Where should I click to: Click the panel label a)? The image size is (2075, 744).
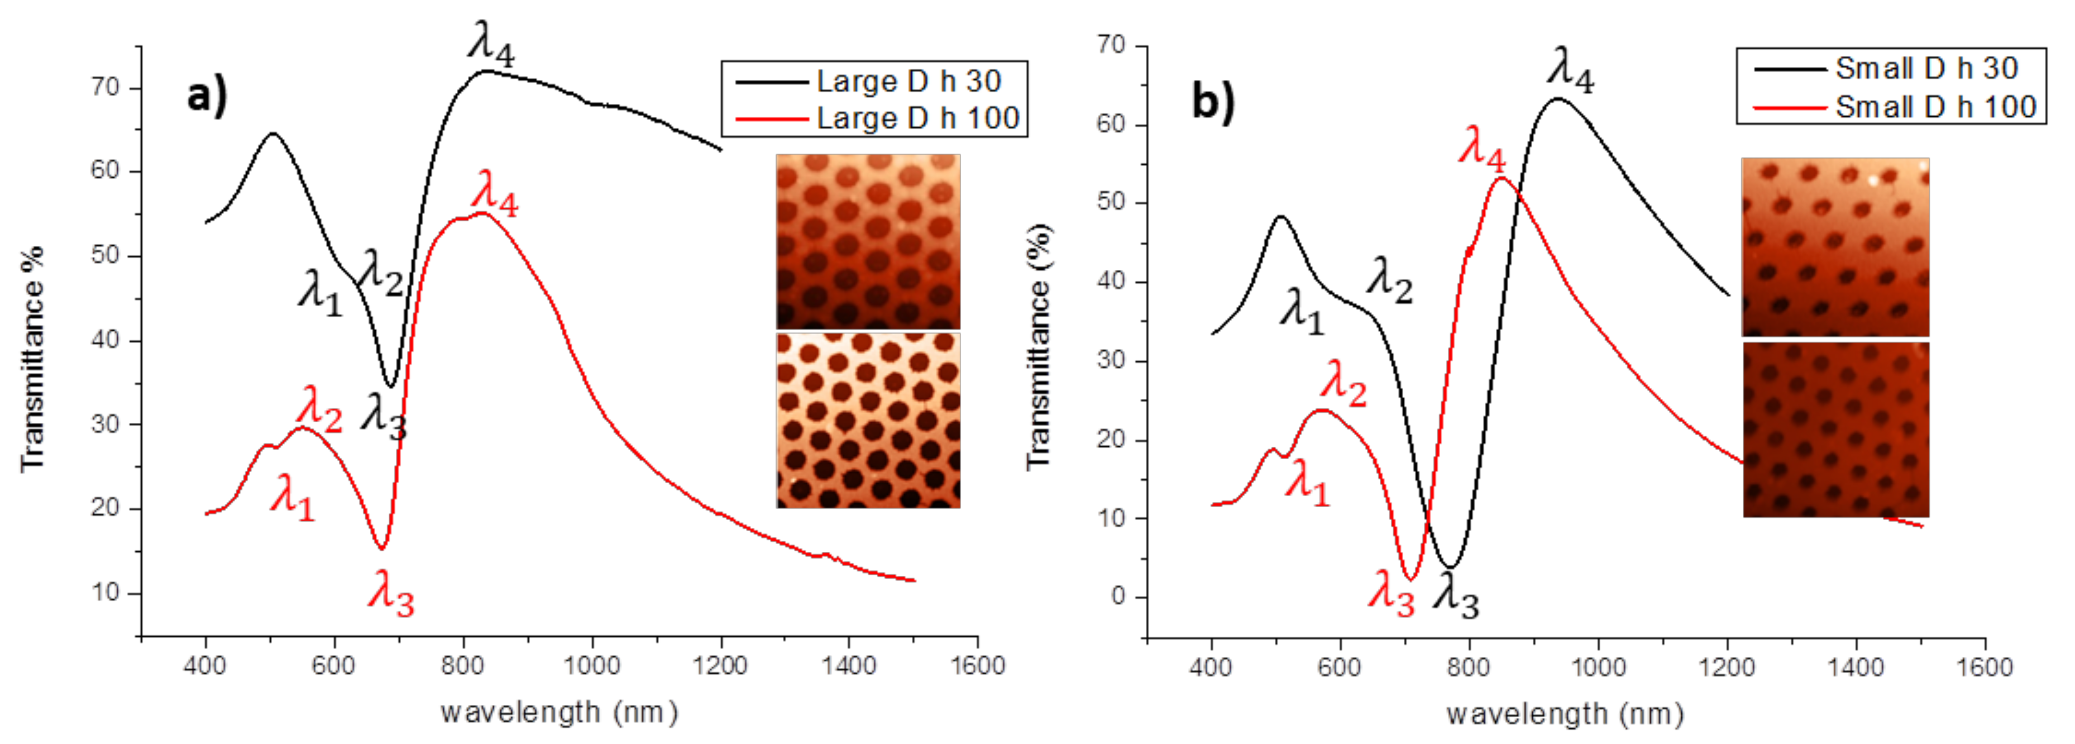207,96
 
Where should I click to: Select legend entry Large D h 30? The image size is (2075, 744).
908,82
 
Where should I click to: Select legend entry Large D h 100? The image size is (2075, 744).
917,118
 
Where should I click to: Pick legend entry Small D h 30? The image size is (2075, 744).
1926,69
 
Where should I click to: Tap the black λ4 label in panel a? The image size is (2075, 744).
491,44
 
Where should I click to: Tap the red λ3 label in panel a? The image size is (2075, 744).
391,594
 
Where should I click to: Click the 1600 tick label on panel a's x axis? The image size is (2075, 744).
977,666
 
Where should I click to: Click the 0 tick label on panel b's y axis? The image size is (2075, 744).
1117,597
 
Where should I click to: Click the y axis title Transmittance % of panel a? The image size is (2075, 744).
32,359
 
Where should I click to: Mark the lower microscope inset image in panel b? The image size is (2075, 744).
1836,430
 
